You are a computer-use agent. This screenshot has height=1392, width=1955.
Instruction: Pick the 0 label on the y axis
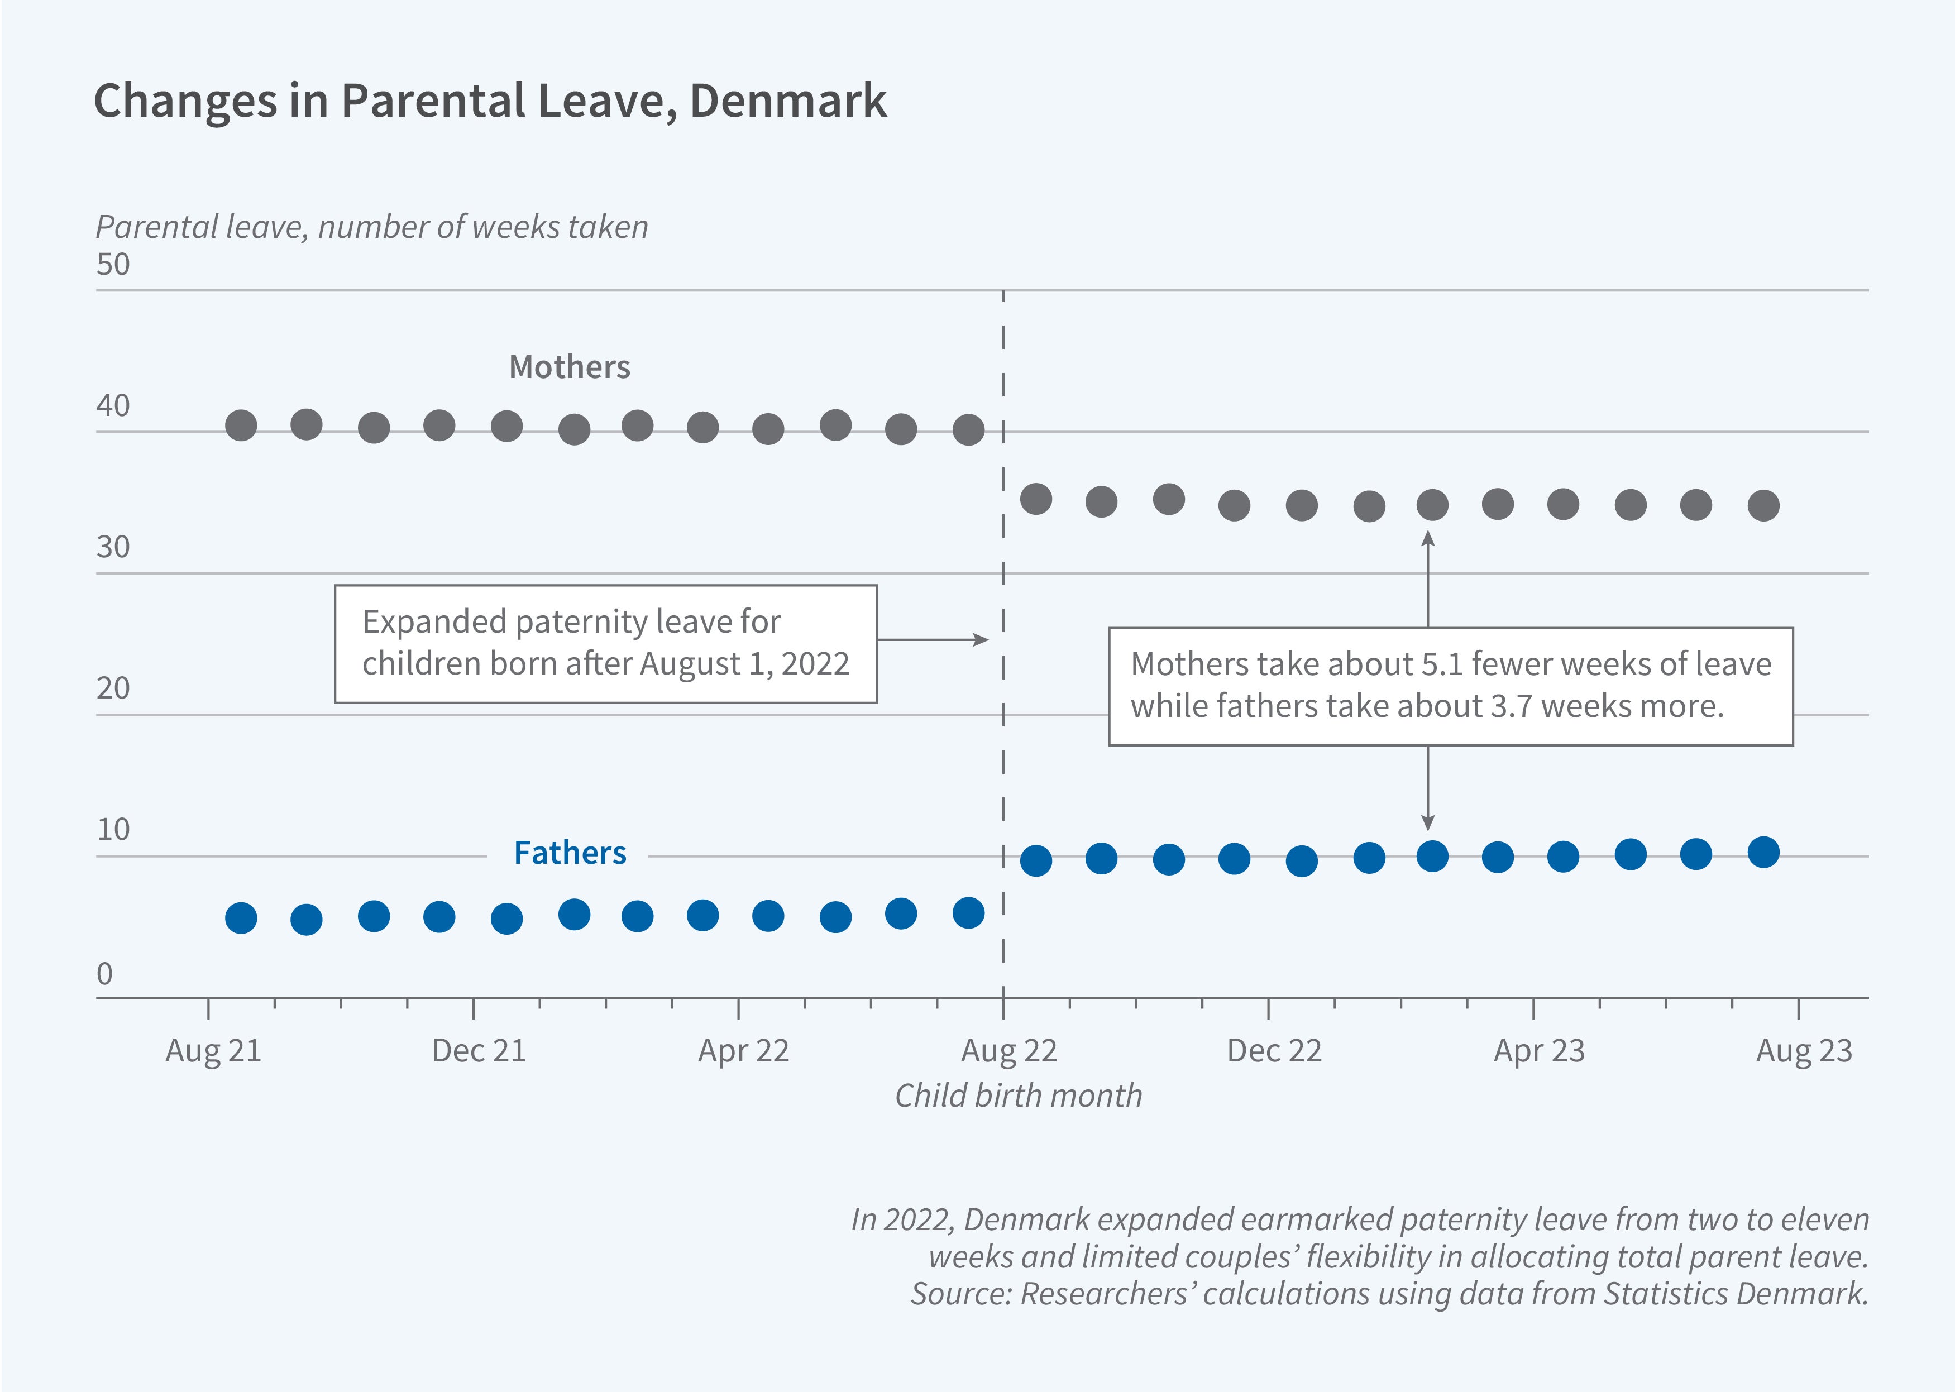(x=104, y=974)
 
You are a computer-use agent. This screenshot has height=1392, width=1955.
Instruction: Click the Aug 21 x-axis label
(x=213, y=1051)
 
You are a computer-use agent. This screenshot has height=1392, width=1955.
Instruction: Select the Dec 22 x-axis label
(x=1274, y=1051)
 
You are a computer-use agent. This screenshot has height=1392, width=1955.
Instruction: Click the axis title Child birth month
(x=1017, y=1096)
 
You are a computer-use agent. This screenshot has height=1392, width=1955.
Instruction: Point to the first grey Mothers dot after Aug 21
(x=241, y=425)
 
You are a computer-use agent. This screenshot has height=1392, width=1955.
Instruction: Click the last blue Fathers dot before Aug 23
(x=1763, y=852)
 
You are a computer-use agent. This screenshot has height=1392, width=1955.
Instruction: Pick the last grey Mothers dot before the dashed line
(x=968, y=429)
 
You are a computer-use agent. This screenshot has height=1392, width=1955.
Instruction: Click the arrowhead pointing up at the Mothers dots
(x=1427, y=538)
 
